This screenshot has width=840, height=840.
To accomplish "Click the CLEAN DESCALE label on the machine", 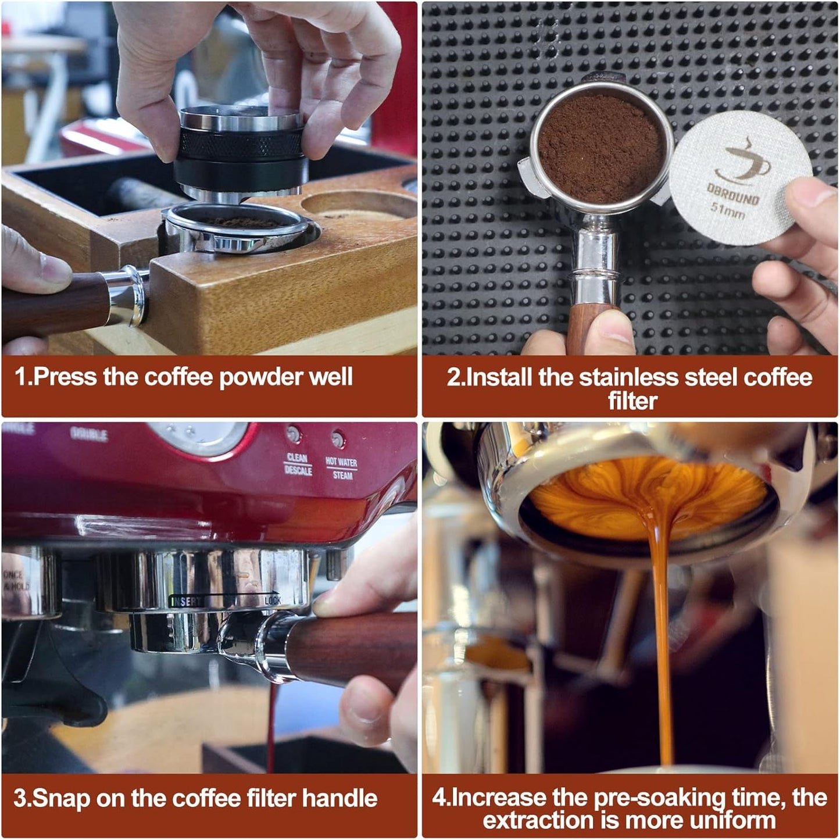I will click(x=298, y=464).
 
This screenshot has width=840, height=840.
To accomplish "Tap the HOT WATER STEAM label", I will click(x=341, y=468).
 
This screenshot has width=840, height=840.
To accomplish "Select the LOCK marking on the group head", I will click(x=272, y=600).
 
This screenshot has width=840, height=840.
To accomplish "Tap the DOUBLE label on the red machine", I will click(x=89, y=434).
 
